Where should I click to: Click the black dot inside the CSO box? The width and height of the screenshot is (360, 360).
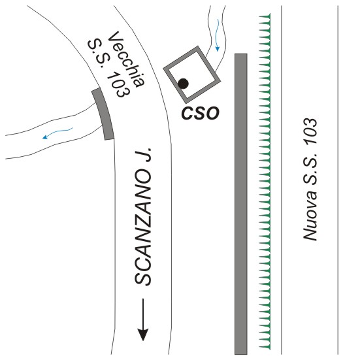tap(183, 84)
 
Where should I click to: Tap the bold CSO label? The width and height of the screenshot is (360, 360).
tap(200, 113)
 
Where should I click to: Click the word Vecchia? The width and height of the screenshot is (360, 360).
tap(127, 59)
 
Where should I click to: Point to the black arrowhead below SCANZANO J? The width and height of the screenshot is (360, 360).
tap(143, 335)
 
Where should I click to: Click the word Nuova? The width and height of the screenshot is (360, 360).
tap(310, 219)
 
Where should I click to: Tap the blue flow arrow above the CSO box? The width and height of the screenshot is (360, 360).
tap(217, 35)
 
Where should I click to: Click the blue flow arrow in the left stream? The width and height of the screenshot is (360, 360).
tap(57, 133)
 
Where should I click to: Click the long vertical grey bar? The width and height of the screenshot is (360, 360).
tap(241, 204)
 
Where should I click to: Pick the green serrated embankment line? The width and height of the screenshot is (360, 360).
tap(265, 182)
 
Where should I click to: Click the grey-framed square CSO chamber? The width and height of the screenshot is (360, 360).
tap(192, 75)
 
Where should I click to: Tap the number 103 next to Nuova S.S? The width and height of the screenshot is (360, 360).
tap(310, 131)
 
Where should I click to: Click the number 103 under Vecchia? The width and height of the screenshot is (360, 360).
tap(118, 84)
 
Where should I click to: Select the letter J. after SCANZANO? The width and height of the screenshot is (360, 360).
tap(144, 155)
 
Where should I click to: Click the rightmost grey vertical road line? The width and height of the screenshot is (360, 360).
tap(338, 180)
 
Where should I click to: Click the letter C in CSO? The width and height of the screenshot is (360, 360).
tap(187, 113)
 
